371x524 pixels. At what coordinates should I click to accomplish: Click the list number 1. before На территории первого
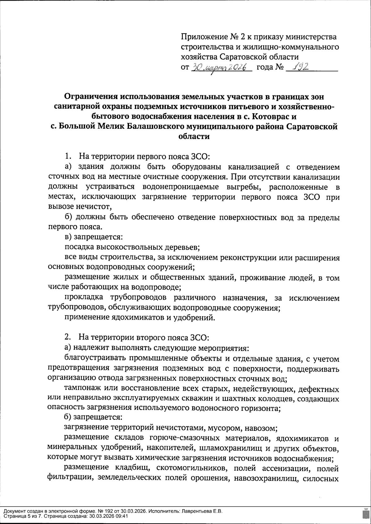tap(69, 156)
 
